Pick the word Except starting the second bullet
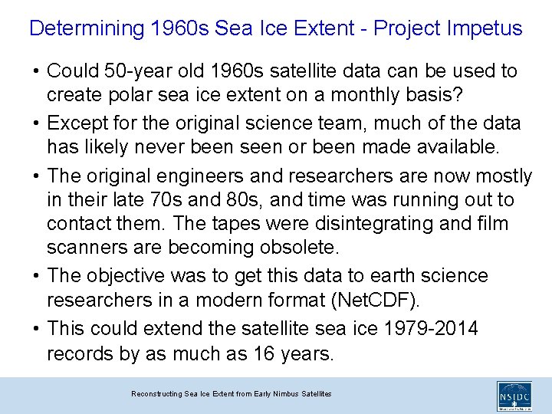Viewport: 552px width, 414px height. (x=75, y=123)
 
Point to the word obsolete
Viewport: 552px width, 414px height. (x=294, y=248)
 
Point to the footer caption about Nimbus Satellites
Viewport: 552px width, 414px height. (x=231, y=393)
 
